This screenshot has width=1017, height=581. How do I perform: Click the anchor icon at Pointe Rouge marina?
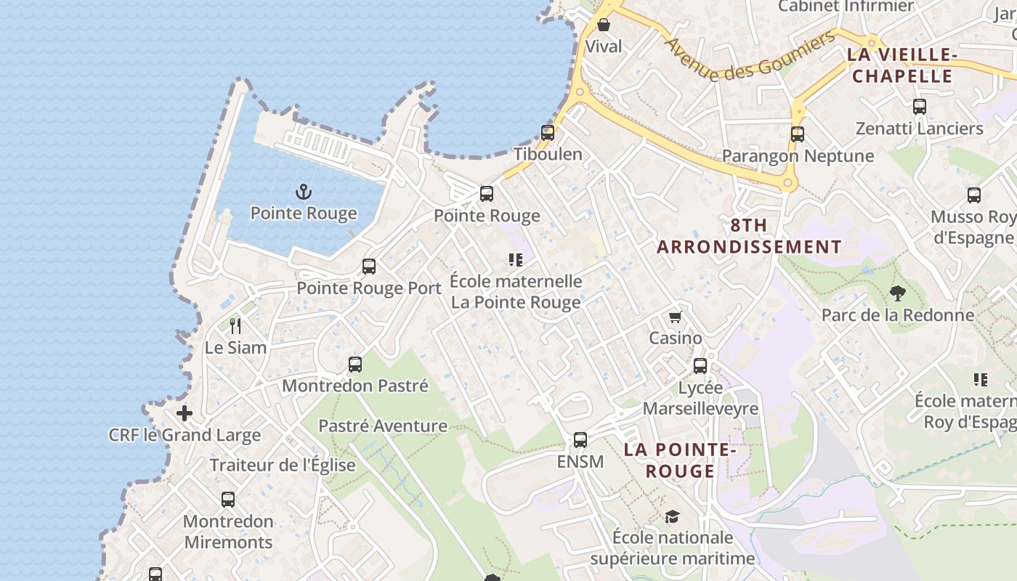pyautogui.click(x=304, y=192)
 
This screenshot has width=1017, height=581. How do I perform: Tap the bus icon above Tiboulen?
pyautogui.click(x=548, y=133)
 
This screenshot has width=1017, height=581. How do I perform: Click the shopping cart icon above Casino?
pyautogui.click(x=676, y=317)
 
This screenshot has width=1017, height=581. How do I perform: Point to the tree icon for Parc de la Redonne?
pyautogui.click(x=898, y=293)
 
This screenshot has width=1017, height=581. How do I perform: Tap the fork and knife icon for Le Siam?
pyautogui.click(x=235, y=325)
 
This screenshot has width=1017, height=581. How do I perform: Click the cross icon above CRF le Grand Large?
pyautogui.click(x=185, y=413)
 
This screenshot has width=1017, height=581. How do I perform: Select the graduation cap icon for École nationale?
pyautogui.click(x=673, y=516)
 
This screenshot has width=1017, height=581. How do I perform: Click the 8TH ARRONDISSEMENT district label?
pyautogui.click(x=749, y=236)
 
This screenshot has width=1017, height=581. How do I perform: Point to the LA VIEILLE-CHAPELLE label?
pyautogui.click(x=901, y=65)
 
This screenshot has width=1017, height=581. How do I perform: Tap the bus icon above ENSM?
pyautogui.click(x=580, y=440)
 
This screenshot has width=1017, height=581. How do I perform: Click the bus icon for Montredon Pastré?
pyautogui.click(x=354, y=365)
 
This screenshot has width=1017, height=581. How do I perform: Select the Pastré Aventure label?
pyautogui.click(x=383, y=426)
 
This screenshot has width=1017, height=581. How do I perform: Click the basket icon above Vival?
pyautogui.click(x=604, y=25)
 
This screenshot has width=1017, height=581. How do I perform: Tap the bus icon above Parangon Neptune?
pyautogui.click(x=798, y=134)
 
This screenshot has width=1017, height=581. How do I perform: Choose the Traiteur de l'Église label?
pyautogui.click(x=283, y=466)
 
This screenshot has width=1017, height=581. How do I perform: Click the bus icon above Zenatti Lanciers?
pyautogui.click(x=920, y=107)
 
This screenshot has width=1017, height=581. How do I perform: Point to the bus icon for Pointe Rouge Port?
pyautogui.click(x=369, y=267)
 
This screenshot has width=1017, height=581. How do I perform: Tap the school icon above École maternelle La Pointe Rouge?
pyautogui.click(x=516, y=260)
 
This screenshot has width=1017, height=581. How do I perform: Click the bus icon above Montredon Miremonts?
pyautogui.click(x=228, y=500)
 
